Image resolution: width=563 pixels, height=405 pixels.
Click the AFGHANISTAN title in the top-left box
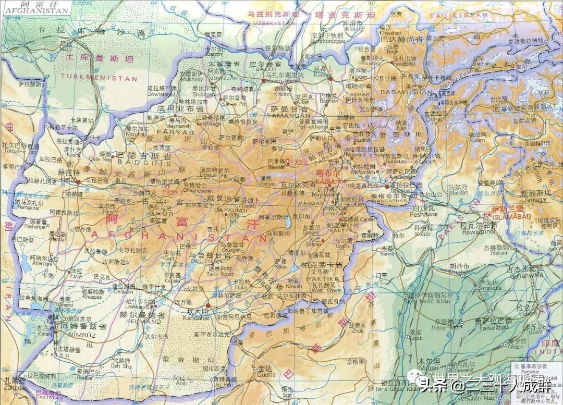(35, 10)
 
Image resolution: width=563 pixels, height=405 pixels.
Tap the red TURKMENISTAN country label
(99, 78)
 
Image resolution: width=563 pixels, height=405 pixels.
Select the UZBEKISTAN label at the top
(271, 23)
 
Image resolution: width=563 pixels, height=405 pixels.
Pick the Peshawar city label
(425, 214)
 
